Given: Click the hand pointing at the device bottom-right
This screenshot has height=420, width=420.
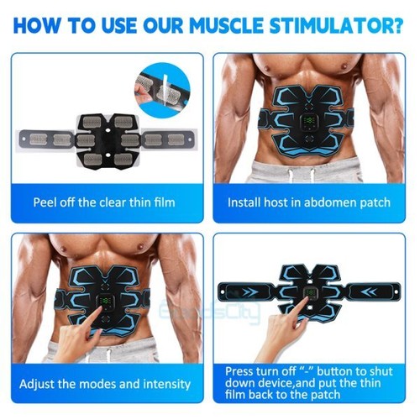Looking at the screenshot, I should click(x=277, y=332).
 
